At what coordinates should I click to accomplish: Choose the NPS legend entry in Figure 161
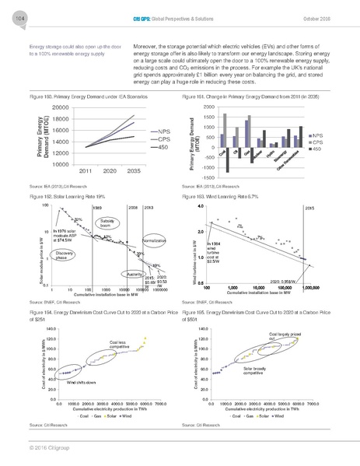tap(320, 135)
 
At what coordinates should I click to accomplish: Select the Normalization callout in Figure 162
tap(155, 242)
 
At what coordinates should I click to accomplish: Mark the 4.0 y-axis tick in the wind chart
tap(201, 206)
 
